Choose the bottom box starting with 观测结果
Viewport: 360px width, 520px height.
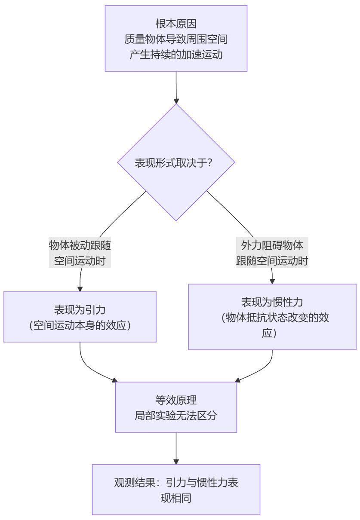[176, 489]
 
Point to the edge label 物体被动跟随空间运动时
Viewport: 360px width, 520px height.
[80, 253]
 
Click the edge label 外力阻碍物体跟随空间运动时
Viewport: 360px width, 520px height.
[272, 253]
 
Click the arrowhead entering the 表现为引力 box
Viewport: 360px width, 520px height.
[80, 289]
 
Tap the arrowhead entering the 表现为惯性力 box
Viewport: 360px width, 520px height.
[272, 281]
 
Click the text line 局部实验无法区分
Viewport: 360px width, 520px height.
[176, 416]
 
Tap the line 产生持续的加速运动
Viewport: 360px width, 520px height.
[176, 55]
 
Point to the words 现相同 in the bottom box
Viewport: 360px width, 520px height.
[176, 498]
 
